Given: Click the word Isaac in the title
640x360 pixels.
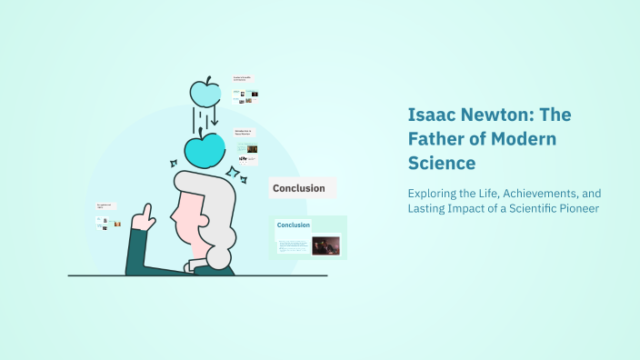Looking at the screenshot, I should pyautogui.click(x=428, y=115).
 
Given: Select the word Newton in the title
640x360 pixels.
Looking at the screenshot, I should pyautogui.click(x=497, y=115).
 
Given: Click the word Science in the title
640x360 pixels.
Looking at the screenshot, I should pyautogui.click(x=441, y=165).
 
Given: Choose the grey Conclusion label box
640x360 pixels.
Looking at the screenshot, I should pyautogui.click(x=301, y=189).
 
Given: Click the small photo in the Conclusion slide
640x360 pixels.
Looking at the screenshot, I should pyautogui.click(x=325, y=245).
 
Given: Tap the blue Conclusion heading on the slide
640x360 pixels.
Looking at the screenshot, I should pyautogui.click(x=294, y=225).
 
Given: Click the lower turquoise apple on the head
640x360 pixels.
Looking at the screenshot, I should pyautogui.click(x=205, y=150).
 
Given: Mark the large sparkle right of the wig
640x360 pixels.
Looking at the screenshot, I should pyautogui.click(x=234, y=173).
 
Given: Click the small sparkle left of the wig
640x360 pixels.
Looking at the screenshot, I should pyautogui.click(x=173, y=164).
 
